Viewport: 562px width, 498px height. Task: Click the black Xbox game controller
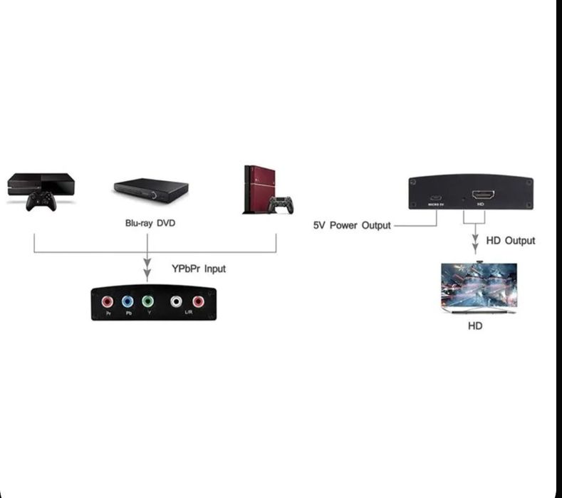click(x=41, y=201)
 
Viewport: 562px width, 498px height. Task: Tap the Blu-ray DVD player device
click(x=151, y=189)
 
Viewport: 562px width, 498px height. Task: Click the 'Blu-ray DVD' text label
click(x=150, y=223)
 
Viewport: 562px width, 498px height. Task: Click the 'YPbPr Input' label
click(x=199, y=269)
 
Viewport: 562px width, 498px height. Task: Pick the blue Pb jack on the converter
click(x=128, y=301)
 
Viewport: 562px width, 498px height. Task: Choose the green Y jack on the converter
click(x=147, y=301)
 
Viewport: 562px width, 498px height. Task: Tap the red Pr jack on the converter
click(x=108, y=301)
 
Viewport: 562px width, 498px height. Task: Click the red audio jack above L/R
click(x=197, y=301)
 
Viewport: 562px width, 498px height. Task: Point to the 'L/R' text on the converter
click(x=189, y=313)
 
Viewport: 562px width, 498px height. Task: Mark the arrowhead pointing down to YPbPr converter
click(x=147, y=273)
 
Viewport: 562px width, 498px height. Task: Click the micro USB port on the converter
click(x=436, y=197)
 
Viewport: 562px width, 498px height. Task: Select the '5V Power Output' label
click(x=352, y=225)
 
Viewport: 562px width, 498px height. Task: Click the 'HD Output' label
click(x=510, y=241)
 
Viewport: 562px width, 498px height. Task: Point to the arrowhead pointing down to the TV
click(x=475, y=248)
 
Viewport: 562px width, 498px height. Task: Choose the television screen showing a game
click(x=479, y=285)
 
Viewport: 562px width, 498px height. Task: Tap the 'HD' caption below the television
click(x=475, y=326)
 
